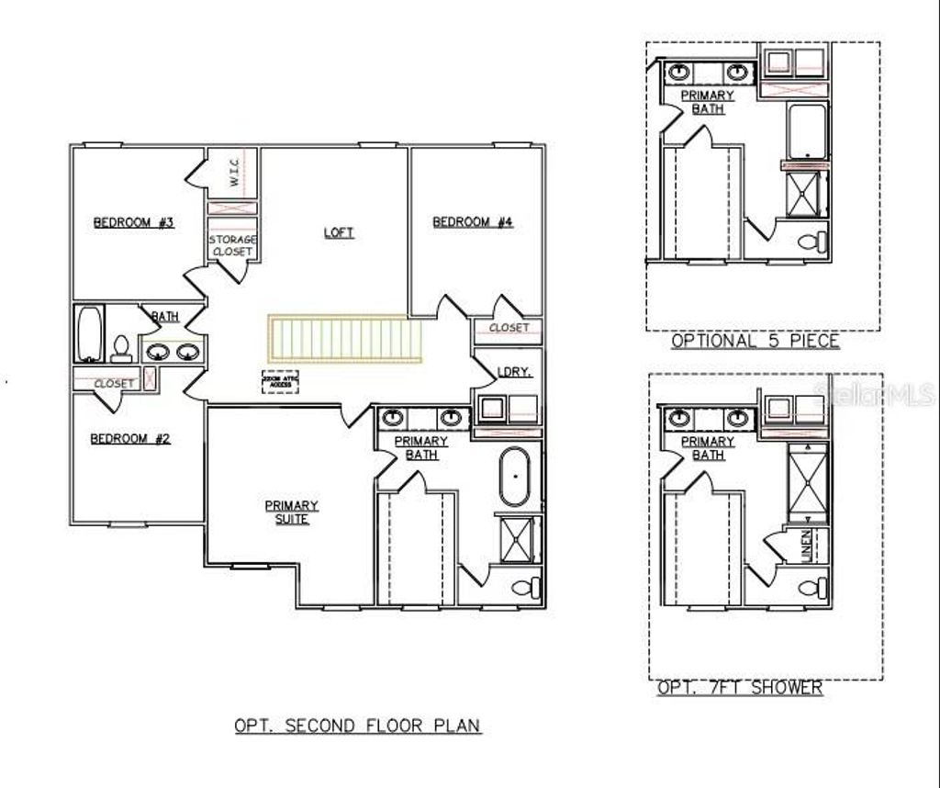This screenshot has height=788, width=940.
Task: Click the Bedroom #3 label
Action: (x=134, y=222)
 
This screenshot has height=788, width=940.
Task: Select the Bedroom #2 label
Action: (x=130, y=438)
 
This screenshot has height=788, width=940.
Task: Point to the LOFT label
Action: (x=338, y=232)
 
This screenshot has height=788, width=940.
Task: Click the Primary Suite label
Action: (x=292, y=512)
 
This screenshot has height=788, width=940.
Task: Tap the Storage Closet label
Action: (x=231, y=245)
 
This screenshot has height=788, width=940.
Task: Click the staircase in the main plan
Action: (x=339, y=338)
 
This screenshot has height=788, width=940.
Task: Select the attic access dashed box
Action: (x=280, y=381)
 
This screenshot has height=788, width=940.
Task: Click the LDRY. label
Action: (x=509, y=372)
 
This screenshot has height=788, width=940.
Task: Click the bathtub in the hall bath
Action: (x=90, y=333)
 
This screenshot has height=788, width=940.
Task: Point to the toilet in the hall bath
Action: (x=120, y=348)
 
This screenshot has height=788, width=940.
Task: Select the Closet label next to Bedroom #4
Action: (x=509, y=328)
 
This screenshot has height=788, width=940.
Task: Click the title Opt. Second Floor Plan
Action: (x=357, y=725)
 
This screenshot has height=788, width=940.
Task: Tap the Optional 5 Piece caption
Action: (x=755, y=341)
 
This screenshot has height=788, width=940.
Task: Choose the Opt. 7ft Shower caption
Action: (x=740, y=687)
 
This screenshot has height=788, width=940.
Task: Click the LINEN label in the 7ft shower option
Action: (x=806, y=546)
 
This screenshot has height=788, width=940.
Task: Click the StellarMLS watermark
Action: (x=878, y=395)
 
